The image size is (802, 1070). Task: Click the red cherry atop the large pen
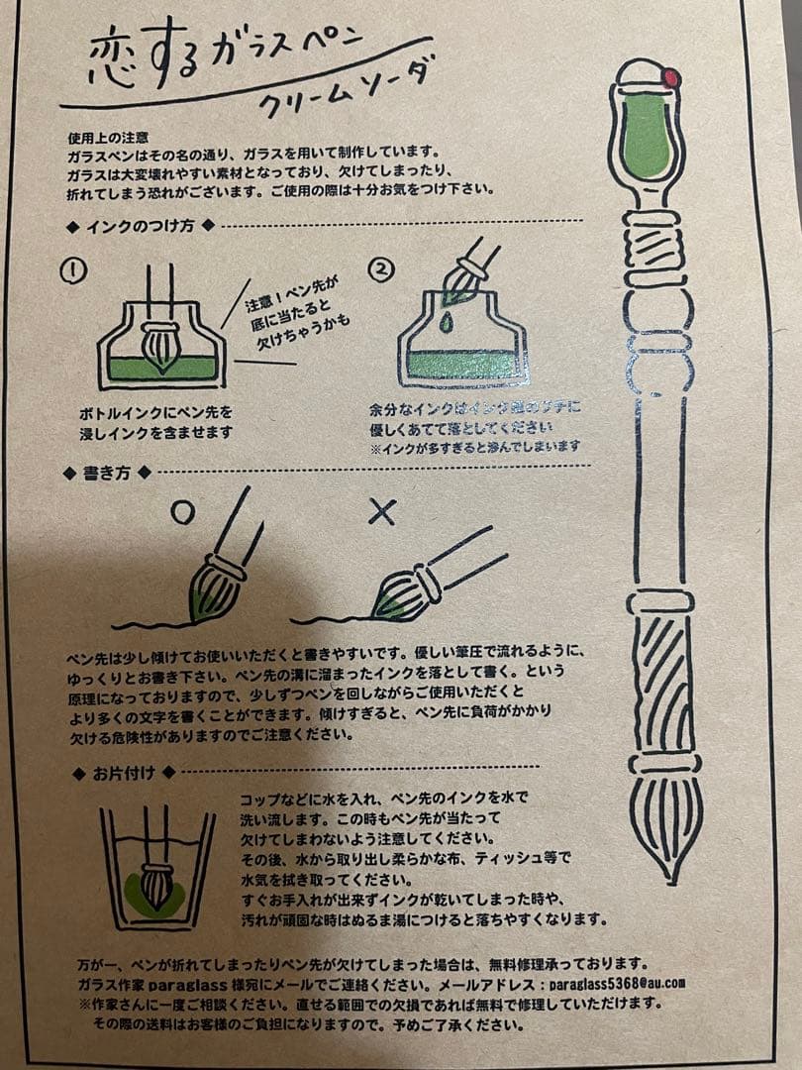point(672,77)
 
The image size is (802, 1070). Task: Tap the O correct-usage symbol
point(181,511)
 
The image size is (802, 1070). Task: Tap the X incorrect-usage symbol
point(381,511)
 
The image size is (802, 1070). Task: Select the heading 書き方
point(109,473)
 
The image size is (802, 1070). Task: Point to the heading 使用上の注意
point(109,134)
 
